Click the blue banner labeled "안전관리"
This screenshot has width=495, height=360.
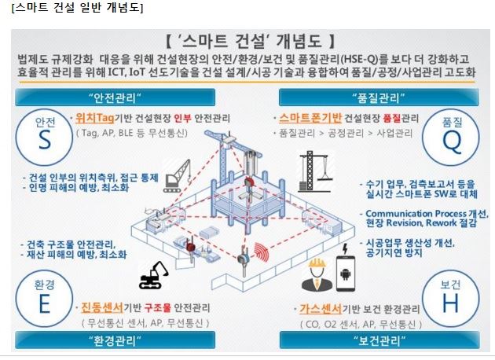click(x=115, y=97)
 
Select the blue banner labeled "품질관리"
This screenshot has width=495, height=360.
click(x=379, y=97)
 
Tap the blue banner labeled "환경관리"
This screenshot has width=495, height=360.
click(x=115, y=340)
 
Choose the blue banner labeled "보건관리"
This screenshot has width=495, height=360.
click(x=379, y=340)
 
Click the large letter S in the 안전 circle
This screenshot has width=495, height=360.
click(x=45, y=140)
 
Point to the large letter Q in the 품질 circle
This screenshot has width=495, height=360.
click(x=452, y=141)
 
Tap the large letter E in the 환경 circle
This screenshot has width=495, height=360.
click(x=45, y=304)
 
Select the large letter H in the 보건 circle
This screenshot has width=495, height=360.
click(x=450, y=303)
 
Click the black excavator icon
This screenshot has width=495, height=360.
click(x=154, y=275)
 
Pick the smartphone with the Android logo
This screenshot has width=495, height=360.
click(x=346, y=274)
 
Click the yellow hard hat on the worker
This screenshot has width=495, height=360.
click(x=317, y=263)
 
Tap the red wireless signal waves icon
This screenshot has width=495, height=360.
click(x=262, y=252)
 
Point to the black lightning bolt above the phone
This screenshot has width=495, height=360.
click(x=345, y=248)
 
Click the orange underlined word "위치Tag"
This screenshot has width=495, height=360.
click(x=95, y=118)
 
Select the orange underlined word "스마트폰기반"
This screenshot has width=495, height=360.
click(x=310, y=118)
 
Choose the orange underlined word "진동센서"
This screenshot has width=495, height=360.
click(x=102, y=307)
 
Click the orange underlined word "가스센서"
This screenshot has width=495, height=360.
click(x=321, y=309)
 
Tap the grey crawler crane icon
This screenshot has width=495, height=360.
click(x=177, y=176)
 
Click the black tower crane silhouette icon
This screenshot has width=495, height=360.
click(x=315, y=171)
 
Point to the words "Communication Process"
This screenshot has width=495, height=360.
click(x=416, y=214)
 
